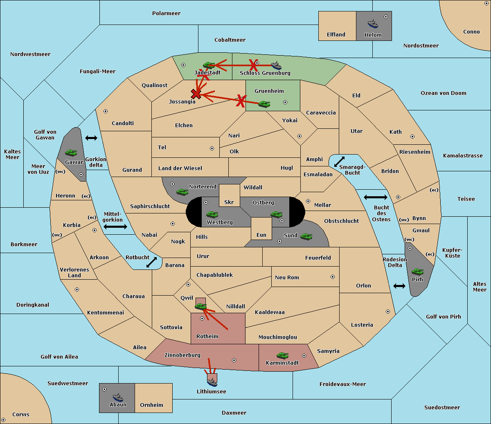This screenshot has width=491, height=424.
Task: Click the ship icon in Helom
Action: pos(373,24)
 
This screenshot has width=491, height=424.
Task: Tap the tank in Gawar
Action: pos(71,153)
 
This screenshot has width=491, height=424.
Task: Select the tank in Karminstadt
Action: pos(282,355)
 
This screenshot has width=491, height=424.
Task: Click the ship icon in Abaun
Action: pos(118,397)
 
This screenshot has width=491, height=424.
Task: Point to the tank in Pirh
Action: pos(417,271)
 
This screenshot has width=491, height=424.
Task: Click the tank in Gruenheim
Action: pos(264,104)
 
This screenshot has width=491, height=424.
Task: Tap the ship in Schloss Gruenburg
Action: pos(276,65)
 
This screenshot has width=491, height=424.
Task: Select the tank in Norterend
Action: pos(182,192)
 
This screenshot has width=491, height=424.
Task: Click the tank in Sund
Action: pos(306,236)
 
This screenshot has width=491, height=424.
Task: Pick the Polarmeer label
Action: pos(166,13)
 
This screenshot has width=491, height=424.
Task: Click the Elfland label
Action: pos(336,35)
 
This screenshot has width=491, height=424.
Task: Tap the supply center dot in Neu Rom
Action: pos(333,277)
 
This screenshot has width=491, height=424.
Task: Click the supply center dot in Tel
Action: pos(212,148)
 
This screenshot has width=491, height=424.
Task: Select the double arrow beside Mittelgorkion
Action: pos(115,227)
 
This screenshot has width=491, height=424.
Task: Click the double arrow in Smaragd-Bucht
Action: pos(339,162)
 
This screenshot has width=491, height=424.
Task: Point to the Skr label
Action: pos(229,202)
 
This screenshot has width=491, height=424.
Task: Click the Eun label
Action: pos(261,235)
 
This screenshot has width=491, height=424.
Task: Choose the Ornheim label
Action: pos(151,405)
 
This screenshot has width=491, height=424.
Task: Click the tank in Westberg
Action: pos(212,214)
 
